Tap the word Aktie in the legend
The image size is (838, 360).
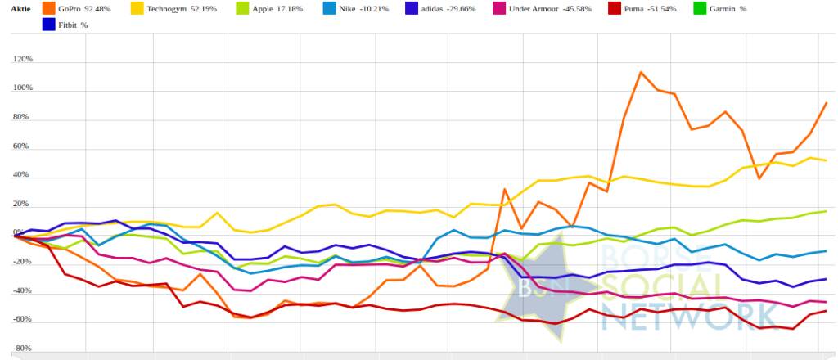[x=21, y=8]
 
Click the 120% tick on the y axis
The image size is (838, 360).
[x=22, y=60]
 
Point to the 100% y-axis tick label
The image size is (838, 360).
[x=22, y=88]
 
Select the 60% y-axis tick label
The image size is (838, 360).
[x=24, y=147]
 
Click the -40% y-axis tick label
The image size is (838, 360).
[x=22, y=291]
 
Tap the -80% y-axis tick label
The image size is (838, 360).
[x=22, y=349]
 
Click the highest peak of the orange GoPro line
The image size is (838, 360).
[x=641, y=72]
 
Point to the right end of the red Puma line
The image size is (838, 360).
[x=826, y=311]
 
